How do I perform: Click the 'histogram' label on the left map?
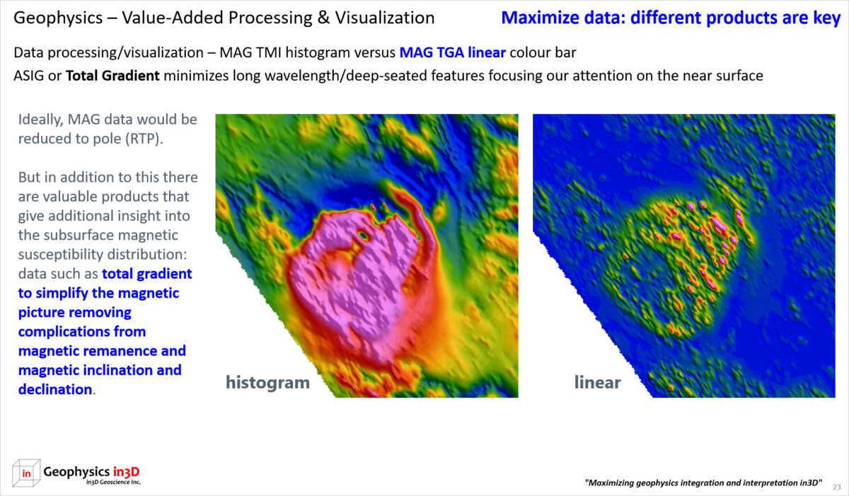click(x=267, y=383)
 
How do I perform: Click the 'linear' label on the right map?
click(x=597, y=382)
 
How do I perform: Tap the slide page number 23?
click(x=836, y=487)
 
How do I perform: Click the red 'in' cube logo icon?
click(x=26, y=473)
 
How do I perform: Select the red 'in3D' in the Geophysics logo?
click(x=126, y=472)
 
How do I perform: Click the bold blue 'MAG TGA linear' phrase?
click(x=453, y=52)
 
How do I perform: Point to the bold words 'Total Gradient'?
click(x=112, y=76)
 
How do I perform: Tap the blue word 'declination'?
click(x=55, y=390)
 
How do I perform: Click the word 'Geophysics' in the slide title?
click(x=58, y=18)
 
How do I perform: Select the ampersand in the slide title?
click(x=323, y=18)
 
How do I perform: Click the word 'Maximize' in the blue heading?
click(x=540, y=18)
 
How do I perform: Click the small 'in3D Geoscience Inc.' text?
click(x=113, y=483)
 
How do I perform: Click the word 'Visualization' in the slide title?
click(x=385, y=18)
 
